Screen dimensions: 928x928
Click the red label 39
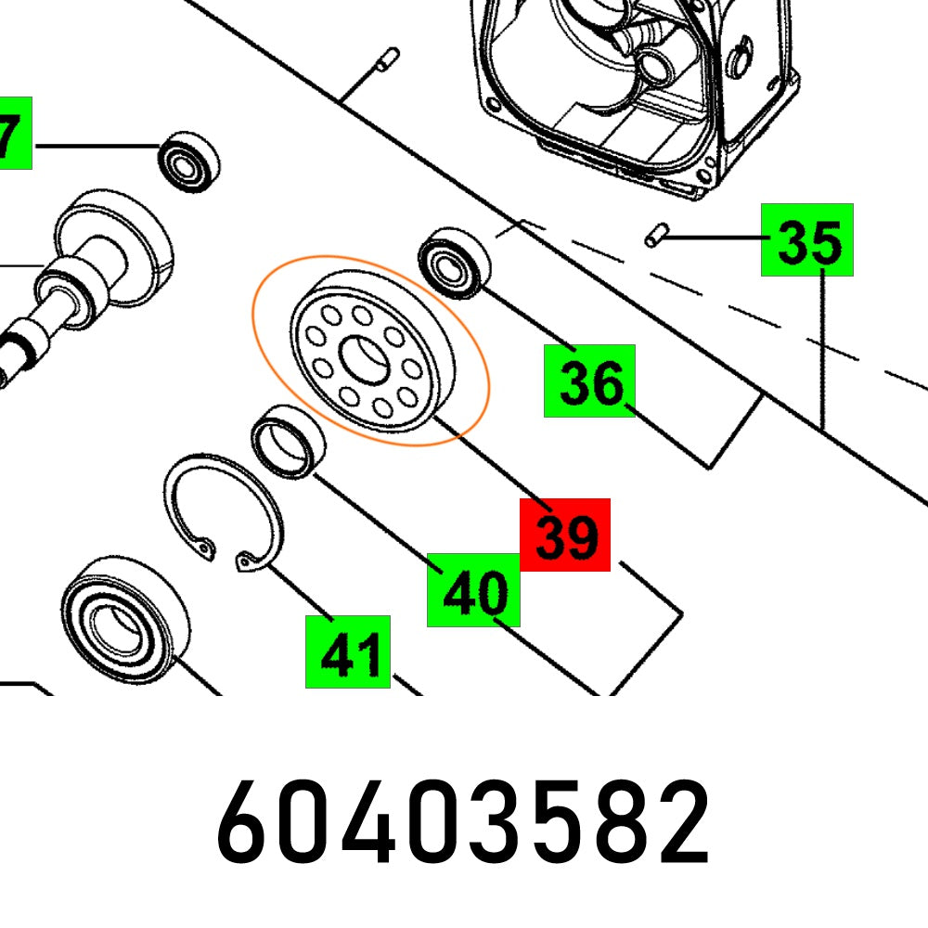click(565, 535)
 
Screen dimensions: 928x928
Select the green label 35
click(807, 240)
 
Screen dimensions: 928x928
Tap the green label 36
click(589, 380)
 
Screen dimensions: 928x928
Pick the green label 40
click(473, 589)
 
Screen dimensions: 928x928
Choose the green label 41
click(348, 651)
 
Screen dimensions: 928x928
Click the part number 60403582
click(464, 822)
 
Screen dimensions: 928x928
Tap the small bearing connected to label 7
click(190, 162)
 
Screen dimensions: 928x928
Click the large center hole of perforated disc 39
click(363, 359)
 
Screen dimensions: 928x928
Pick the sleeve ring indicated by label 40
click(290, 441)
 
